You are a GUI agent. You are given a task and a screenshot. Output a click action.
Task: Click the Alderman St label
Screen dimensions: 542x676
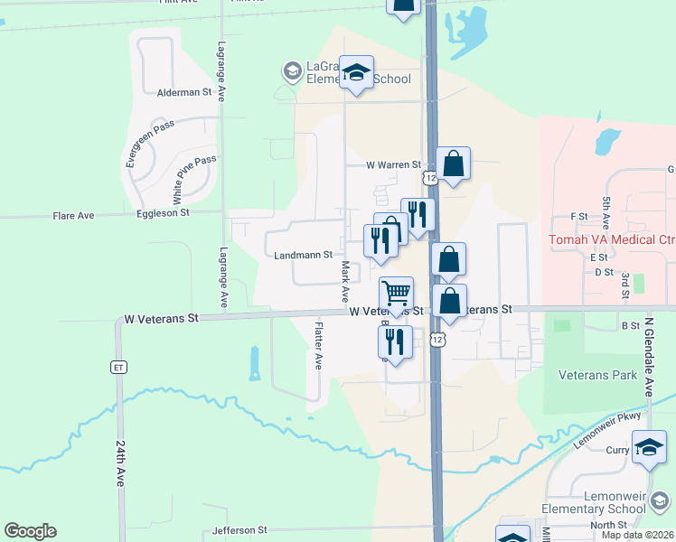click(183, 92)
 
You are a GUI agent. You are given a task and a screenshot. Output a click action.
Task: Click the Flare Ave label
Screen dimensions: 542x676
click(73, 216)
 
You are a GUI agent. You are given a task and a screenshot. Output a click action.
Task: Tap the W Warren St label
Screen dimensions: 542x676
click(394, 165)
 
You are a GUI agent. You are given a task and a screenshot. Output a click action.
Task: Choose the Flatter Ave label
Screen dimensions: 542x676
click(318, 345)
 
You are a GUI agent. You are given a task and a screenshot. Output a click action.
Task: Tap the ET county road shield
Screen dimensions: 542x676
click(118, 367)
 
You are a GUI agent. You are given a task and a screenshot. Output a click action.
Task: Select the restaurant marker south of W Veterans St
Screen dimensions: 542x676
click(394, 342)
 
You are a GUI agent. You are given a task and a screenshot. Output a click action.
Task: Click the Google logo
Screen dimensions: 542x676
click(30, 531)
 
